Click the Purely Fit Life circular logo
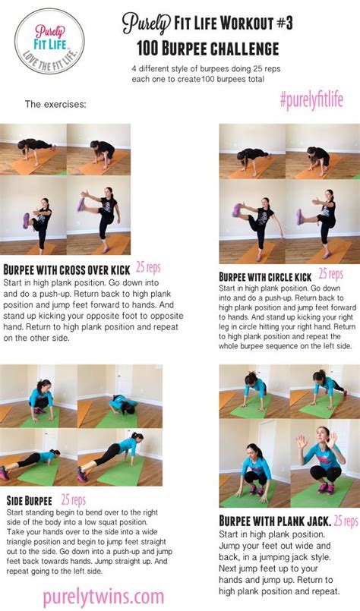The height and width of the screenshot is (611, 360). (x=49, y=41)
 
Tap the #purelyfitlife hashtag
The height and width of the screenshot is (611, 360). (x=311, y=99)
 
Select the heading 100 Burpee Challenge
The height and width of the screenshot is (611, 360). (x=208, y=49)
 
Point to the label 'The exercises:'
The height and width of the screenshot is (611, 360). (x=55, y=105)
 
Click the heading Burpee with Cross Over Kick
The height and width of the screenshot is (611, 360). (x=67, y=269)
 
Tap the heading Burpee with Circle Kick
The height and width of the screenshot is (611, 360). (x=265, y=277)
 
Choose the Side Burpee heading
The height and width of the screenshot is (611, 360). (x=30, y=500)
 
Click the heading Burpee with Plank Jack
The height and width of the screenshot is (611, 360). (x=276, y=521)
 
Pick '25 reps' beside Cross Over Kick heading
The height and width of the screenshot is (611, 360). (x=148, y=267)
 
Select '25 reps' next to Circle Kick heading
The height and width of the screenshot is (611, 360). (x=330, y=274)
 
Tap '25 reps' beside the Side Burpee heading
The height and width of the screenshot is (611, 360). (x=74, y=499)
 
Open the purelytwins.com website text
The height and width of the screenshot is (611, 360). (x=103, y=597)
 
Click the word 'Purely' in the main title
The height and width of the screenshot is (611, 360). (x=147, y=24)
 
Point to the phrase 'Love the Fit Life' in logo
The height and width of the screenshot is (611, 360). (x=51, y=58)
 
